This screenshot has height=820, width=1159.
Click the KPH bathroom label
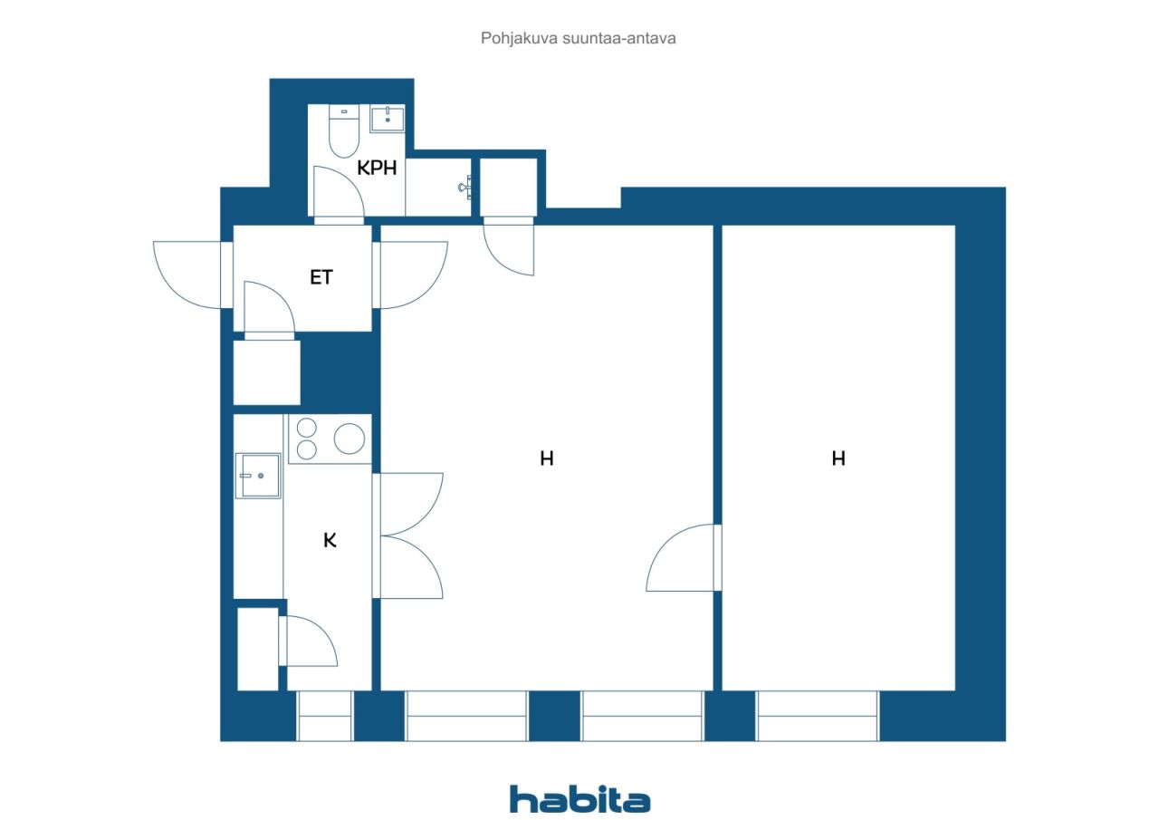377,168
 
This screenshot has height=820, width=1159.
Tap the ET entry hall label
321,277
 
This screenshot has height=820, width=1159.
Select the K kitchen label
330,540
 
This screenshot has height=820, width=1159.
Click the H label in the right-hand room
838,458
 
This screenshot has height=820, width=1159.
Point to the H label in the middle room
547,458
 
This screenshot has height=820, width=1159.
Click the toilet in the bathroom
344,131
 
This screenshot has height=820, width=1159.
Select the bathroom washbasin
387,119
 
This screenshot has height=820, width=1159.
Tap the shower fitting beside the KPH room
465,187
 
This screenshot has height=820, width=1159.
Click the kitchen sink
258,476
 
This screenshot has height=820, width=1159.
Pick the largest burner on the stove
350,439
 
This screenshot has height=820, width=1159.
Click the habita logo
579,799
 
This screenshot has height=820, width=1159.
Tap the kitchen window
324,716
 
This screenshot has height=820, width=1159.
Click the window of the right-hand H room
817,716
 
